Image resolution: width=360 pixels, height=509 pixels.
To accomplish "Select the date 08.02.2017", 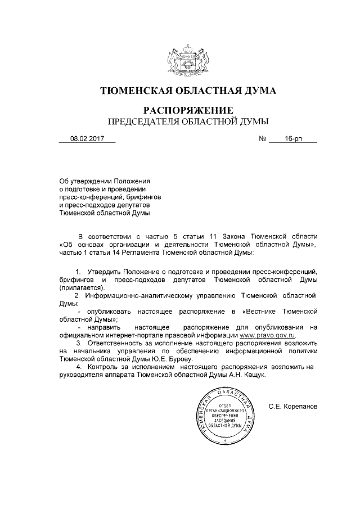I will click(87, 138).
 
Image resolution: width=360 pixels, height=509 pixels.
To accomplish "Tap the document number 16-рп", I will click(293, 138).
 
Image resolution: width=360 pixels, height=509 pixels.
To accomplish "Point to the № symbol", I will click(262, 138).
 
